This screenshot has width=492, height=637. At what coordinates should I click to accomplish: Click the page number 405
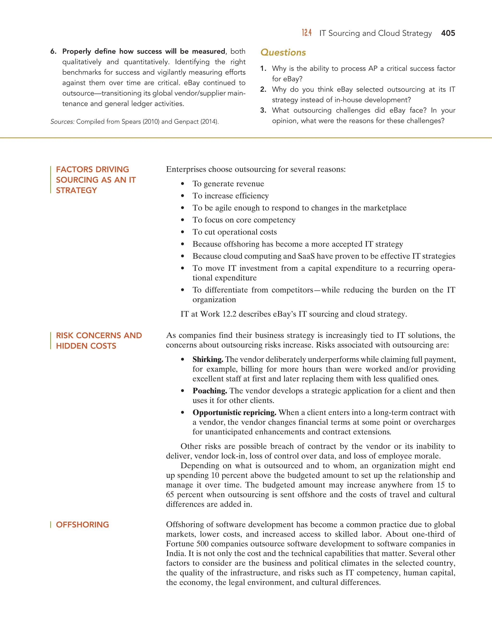click(x=448, y=33)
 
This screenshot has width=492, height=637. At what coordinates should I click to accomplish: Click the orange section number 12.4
click(x=307, y=33)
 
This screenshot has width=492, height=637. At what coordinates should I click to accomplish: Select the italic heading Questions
click(x=283, y=52)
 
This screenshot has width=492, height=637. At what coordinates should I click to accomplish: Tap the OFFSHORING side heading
click(x=82, y=525)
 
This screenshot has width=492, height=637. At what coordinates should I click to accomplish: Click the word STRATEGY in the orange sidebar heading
click(x=76, y=190)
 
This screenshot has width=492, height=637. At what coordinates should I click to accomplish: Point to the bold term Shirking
click(x=208, y=359)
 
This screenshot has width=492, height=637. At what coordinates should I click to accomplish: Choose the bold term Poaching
click(x=209, y=391)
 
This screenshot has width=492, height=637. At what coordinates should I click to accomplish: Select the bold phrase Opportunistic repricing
click(x=234, y=412)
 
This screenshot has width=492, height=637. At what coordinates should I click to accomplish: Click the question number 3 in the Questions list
click(x=263, y=110)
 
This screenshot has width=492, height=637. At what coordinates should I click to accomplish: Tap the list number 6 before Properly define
click(x=53, y=52)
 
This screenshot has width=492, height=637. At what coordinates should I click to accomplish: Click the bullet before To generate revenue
click(x=183, y=184)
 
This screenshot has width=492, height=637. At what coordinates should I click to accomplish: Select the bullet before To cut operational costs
click(x=183, y=232)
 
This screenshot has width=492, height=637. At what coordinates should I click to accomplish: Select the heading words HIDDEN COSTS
click(x=86, y=346)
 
